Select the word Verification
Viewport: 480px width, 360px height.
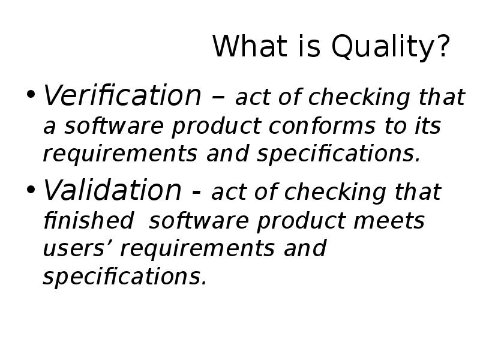[122, 96]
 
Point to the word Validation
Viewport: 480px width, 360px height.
[112, 191]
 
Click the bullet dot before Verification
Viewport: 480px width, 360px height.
[31, 97]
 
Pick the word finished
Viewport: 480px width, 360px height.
[88, 221]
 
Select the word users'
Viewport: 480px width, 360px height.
[81, 248]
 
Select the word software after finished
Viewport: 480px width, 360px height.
[200, 221]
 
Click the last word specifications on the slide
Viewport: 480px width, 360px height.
[125, 277]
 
